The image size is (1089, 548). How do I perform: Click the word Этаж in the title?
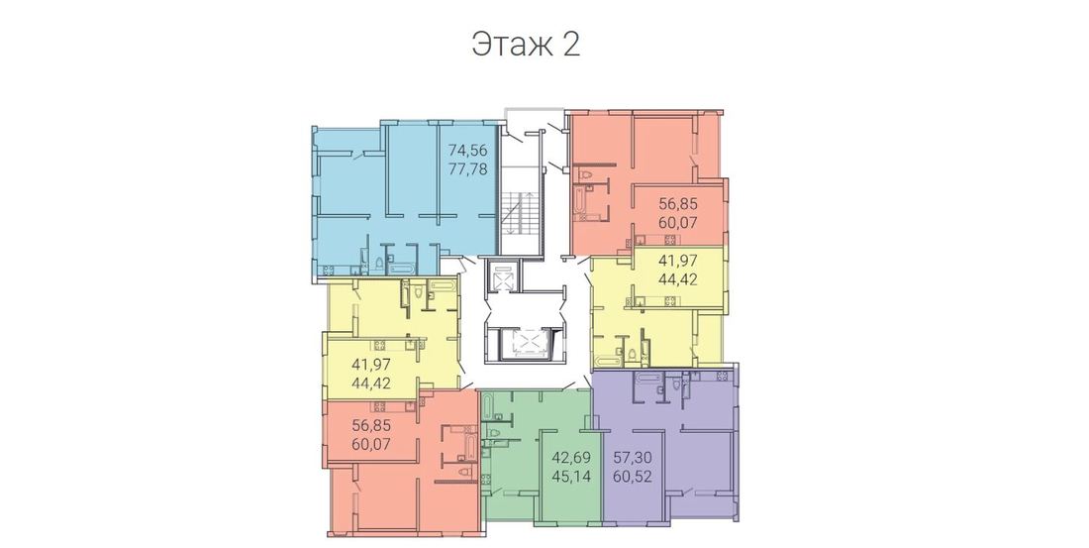click(x=513, y=45)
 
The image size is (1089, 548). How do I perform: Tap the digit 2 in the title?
click(x=571, y=45)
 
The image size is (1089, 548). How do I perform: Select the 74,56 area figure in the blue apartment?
click(x=467, y=150)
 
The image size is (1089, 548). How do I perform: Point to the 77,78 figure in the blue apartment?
click(x=467, y=168)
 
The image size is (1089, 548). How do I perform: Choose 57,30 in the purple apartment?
click(x=632, y=458)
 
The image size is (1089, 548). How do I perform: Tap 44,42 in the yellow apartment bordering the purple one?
click(x=677, y=279)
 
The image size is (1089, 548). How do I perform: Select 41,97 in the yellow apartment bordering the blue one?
click(x=371, y=364)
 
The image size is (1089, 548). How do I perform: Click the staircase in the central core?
click(x=520, y=210)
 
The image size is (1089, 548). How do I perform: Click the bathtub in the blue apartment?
click(x=402, y=267)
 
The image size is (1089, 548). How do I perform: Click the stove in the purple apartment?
click(x=721, y=376)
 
